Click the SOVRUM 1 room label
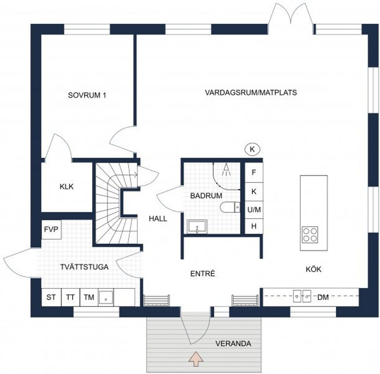click(x=87, y=95)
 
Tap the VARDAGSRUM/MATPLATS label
click(x=251, y=92)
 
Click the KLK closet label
click(x=67, y=186)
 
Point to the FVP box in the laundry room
click(x=51, y=230)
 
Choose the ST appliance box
click(x=51, y=297)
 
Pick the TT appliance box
click(x=70, y=297)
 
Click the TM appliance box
click(x=89, y=297)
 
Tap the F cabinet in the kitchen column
click(x=254, y=173)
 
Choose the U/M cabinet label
click(x=254, y=210)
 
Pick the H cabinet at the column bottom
click(x=254, y=226)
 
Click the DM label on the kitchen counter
click(x=323, y=296)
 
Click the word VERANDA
click(x=233, y=343)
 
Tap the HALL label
click(x=158, y=218)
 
